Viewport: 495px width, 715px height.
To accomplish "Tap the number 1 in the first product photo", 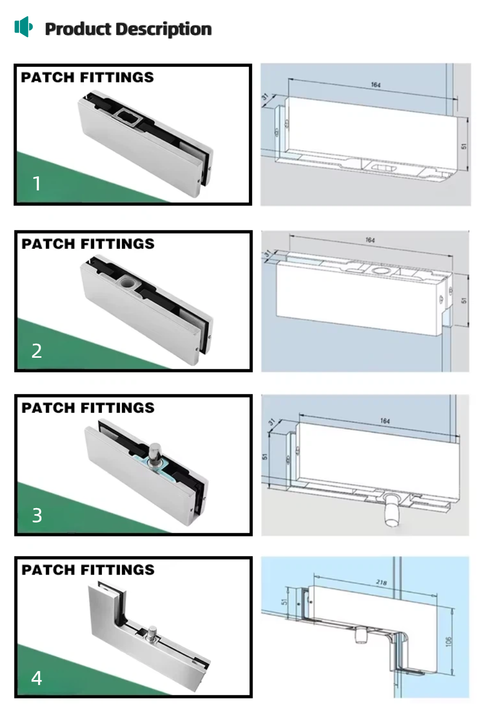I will click(x=36, y=183).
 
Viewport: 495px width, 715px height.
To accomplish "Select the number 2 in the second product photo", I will click(x=36, y=351).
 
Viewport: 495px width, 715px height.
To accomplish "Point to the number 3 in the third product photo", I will click(x=37, y=515).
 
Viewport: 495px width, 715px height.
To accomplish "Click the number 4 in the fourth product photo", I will click(x=36, y=678).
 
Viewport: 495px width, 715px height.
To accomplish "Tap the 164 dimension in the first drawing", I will click(x=375, y=85).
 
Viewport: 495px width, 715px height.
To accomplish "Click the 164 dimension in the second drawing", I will click(x=370, y=240).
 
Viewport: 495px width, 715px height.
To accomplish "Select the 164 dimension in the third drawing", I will click(x=384, y=421).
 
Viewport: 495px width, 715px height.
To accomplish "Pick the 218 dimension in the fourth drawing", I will click(x=381, y=582).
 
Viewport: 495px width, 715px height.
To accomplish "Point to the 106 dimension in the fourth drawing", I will click(x=448, y=641).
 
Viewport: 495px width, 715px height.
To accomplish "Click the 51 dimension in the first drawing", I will click(x=463, y=146).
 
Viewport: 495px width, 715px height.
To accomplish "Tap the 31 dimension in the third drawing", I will click(x=271, y=423).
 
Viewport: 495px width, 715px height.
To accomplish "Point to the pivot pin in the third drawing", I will click(x=391, y=510).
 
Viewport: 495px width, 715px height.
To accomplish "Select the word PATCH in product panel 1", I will click(x=47, y=77).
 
